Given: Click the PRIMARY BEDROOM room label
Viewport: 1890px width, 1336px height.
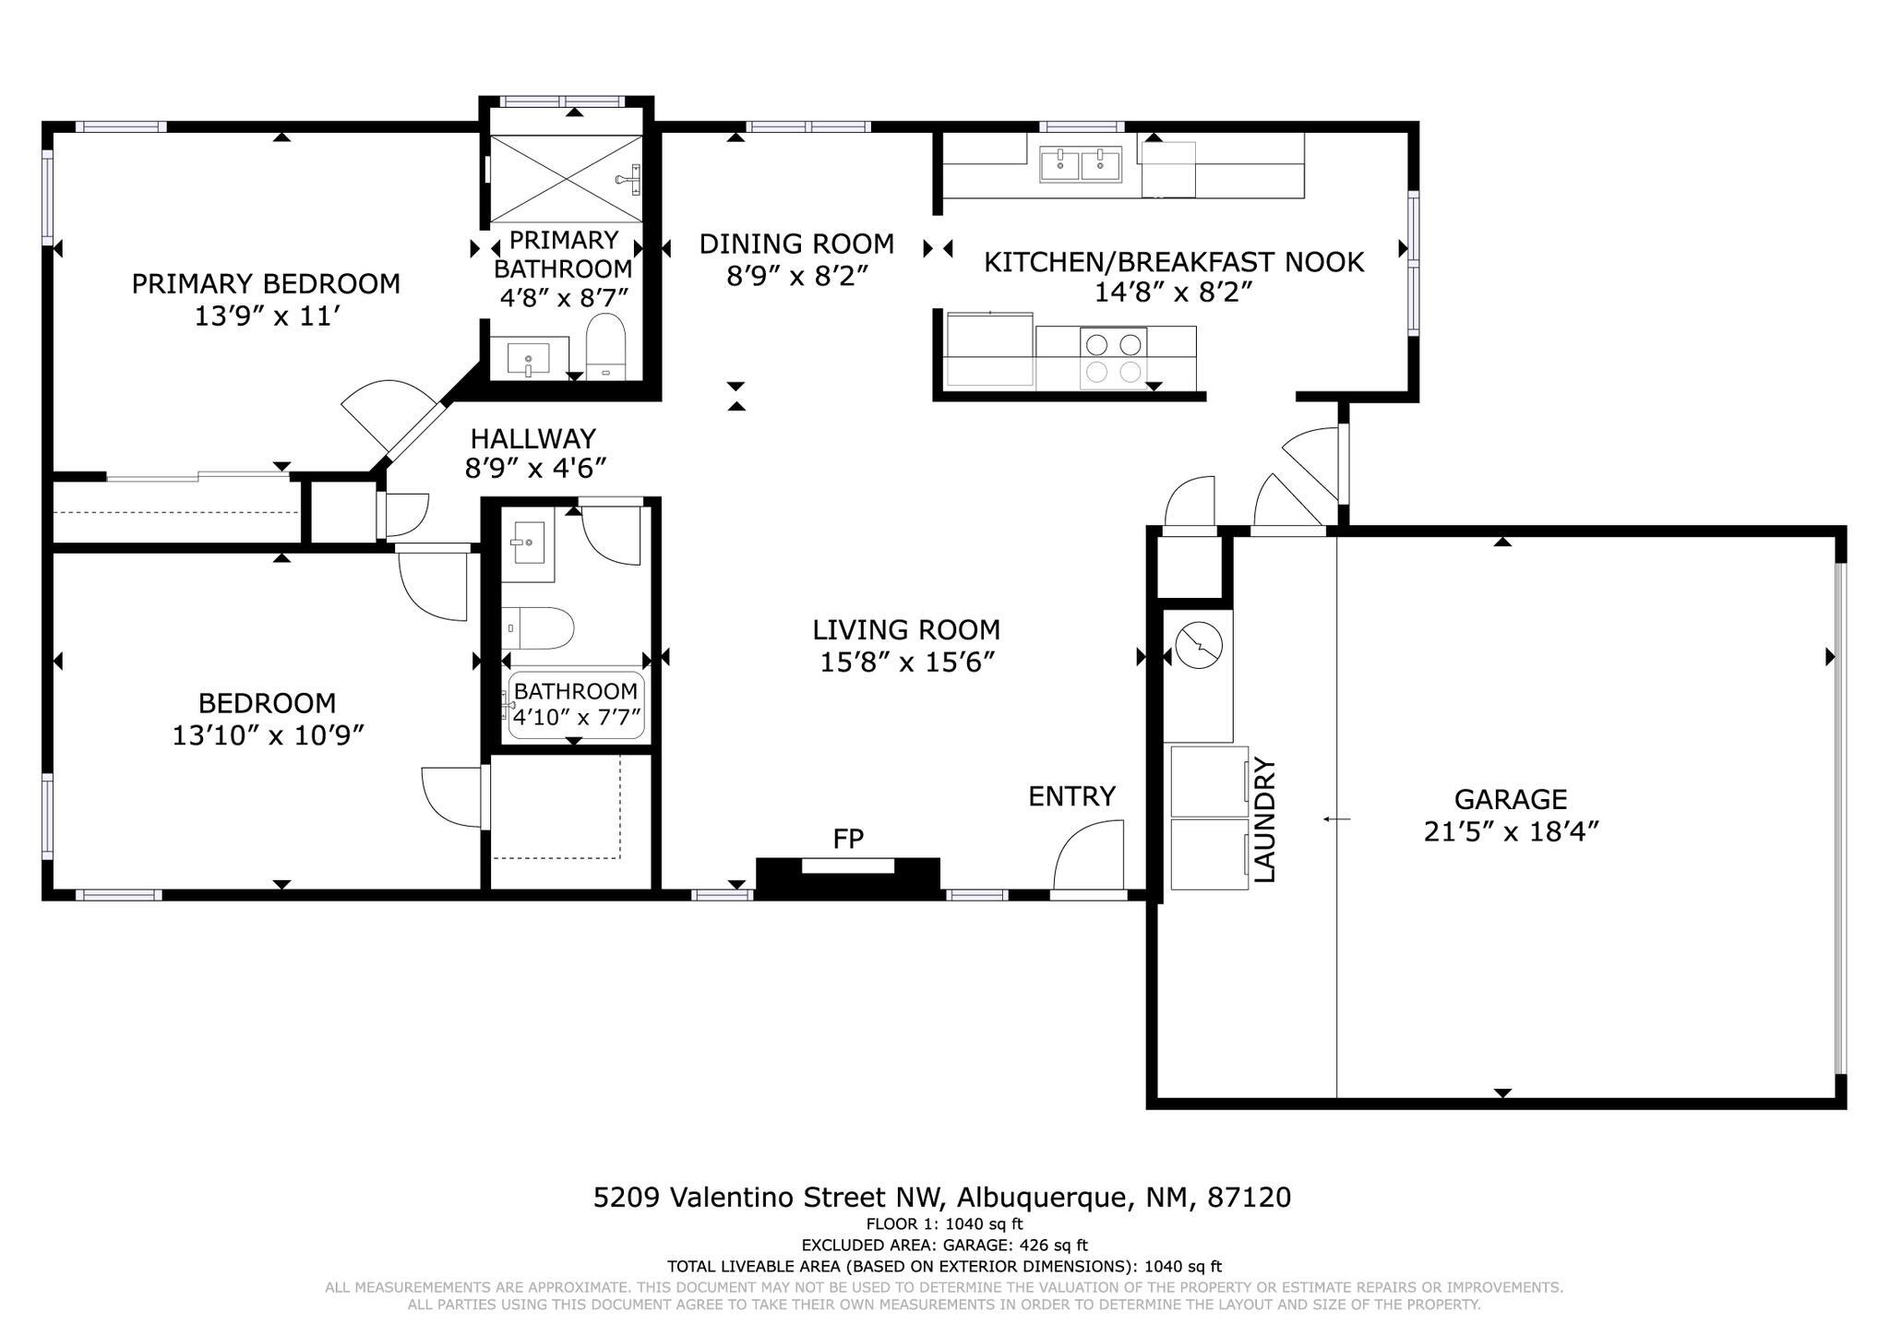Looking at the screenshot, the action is coord(266,283).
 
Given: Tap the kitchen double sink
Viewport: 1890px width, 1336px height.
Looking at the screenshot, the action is coord(1081,165).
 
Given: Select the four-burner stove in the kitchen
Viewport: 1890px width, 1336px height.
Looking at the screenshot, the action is coord(1113,359).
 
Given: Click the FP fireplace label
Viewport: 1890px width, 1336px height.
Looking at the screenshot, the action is coord(848,839).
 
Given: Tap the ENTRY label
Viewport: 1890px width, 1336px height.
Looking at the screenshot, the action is coord(1072,795).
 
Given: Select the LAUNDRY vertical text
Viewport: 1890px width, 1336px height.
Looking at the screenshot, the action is coord(1265,820).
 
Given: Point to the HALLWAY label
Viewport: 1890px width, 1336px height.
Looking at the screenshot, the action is coord(533,438).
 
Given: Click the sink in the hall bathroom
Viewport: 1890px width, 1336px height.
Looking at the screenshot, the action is coord(528,546).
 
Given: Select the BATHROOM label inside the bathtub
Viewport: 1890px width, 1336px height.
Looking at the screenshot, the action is coord(576,691).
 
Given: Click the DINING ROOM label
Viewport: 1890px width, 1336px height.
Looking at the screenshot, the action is coord(796,244).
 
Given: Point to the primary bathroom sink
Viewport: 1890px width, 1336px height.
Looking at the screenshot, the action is coord(528,358).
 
